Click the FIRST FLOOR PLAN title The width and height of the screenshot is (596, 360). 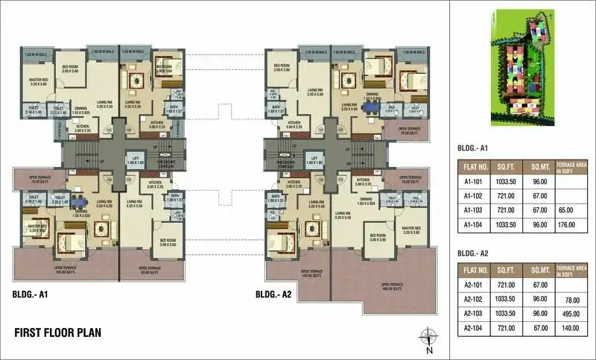coord(58,332)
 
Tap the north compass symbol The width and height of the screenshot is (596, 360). coord(428,336)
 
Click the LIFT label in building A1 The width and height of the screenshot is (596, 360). coord(136,160)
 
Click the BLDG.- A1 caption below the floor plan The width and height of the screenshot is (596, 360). coord(31,294)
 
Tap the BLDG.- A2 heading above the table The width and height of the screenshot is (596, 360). coord(474,252)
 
